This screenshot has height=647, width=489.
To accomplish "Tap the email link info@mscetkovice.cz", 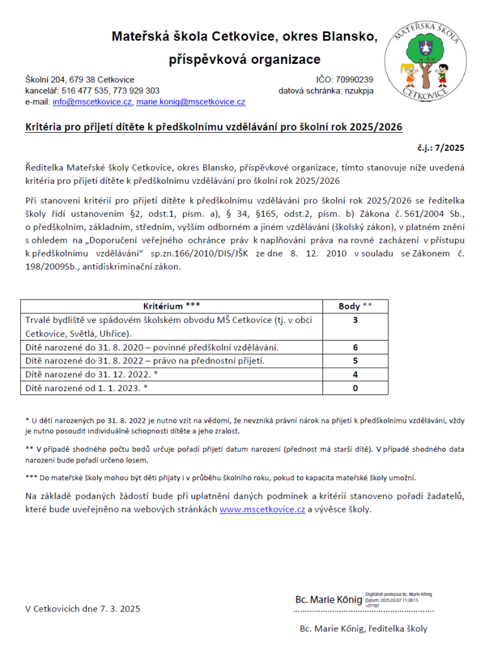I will tap(92, 102).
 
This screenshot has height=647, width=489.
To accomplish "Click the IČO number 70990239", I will tap(355, 80).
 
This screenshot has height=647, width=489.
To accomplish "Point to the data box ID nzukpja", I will tap(358, 91).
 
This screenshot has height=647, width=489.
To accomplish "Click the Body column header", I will tap(355, 306).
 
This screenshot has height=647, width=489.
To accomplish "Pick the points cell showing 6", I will tap(355, 348).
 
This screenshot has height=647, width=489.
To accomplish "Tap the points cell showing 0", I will tap(355, 388).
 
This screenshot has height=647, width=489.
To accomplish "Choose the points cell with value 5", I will tap(355, 361).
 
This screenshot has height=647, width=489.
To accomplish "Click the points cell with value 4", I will tap(355, 375).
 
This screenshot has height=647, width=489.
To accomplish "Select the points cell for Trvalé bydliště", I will tap(355, 320).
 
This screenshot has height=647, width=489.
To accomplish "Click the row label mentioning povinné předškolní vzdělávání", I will tap(151, 348).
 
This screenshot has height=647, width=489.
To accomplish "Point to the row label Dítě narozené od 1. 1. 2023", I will tap(86, 388).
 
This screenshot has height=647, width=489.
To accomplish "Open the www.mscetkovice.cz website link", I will tap(262, 509).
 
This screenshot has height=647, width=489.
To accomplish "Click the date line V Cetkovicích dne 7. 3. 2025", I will tap(83, 608).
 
